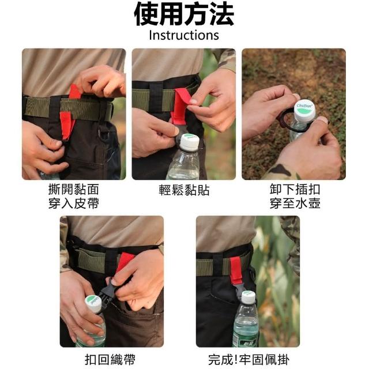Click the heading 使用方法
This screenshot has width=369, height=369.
pos(184,14)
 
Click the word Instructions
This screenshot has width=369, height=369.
pos(184,35)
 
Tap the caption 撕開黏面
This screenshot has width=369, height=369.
pos(73,189)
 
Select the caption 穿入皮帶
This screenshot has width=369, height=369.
pos(73,204)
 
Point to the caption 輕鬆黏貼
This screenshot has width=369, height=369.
pos(184,190)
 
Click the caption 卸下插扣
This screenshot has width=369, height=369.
pos(295,189)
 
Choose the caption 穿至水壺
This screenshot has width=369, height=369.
pos(295,204)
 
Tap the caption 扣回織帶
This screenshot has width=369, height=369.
pos(110,360)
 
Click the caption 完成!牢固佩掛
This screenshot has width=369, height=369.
pos(248,360)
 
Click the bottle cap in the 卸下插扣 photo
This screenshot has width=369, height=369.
pos(305,111)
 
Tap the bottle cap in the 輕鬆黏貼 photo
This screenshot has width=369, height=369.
pos(190,142)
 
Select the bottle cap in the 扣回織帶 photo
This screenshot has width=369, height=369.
pos(93,303)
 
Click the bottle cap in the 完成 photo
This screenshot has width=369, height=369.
pos(248,297)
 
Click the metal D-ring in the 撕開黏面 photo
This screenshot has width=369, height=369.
pos(104,134)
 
